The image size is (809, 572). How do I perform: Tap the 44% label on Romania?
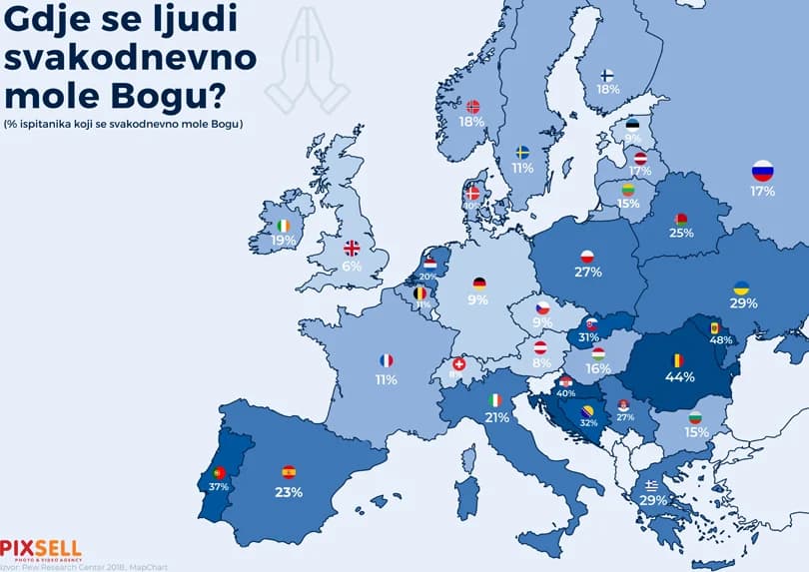[x=679, y=377]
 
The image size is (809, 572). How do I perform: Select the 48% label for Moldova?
[x=721, y=339]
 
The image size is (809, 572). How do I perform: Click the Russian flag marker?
[x=762, y=170]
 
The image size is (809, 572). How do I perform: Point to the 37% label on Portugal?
[x=219, y=486]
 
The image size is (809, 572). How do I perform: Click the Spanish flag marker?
[x=289, y=472]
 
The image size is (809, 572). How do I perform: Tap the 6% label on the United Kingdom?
[x=352, y=266]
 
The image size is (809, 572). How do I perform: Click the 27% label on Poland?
[x=587, y=272]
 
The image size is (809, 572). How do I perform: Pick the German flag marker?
[x=479, y=283]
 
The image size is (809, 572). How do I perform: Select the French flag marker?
[x=387, y=360]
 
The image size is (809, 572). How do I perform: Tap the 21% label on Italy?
[x=495, y=417]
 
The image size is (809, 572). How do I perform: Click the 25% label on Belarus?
[x=681, y=233]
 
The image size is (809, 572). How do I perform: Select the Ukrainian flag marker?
[x=741, y=287]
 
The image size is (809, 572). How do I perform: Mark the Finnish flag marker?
[x=607, y=74]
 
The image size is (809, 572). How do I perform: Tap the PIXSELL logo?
[x=40, y=548]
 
